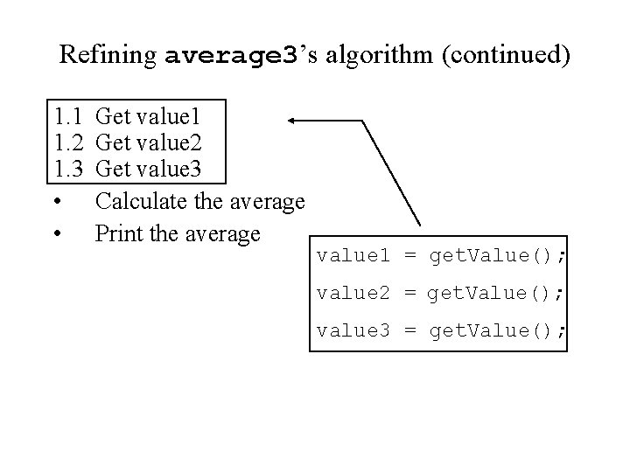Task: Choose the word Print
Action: pyautogui.click(x=116, y=233)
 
